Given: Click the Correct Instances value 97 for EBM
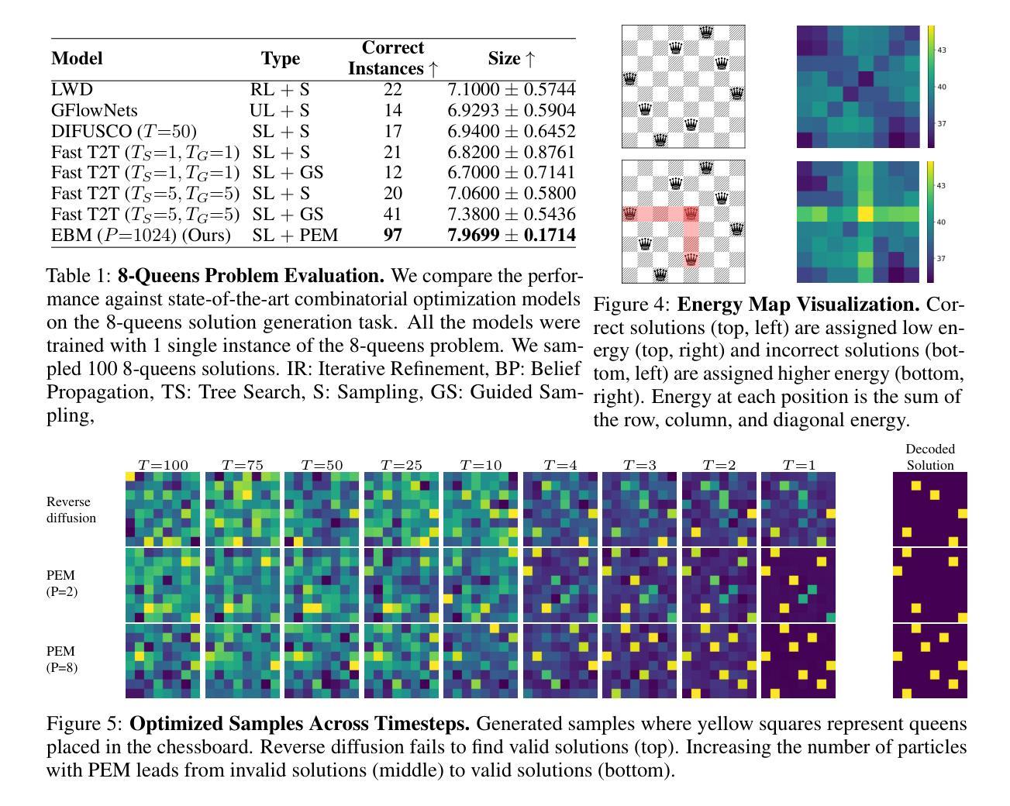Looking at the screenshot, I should point(393,235).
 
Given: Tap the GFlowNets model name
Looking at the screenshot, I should point(94,111).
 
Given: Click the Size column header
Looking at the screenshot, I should point(512,58).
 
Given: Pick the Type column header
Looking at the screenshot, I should point(281,59).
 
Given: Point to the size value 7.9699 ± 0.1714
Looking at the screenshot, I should point(512,235).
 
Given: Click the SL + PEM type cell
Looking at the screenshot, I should point(295,235).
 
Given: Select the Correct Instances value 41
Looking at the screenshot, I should point(393,214).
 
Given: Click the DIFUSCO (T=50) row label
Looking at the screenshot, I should point(124,132).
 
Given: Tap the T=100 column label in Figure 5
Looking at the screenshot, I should point(163,465).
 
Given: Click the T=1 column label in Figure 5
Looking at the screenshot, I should point(798,465).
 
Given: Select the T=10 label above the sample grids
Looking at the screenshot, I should point(481,465).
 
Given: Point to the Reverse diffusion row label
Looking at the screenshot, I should point(71,510).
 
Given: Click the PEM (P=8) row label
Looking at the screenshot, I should point(62,659).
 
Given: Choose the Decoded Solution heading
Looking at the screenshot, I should point(930,456).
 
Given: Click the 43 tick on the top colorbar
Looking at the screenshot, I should point(942,50).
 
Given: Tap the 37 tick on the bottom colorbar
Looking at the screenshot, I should point(942,259).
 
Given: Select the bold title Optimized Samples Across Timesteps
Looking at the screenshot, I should point(300,724).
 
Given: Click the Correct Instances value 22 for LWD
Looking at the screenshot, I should point(393,90).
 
